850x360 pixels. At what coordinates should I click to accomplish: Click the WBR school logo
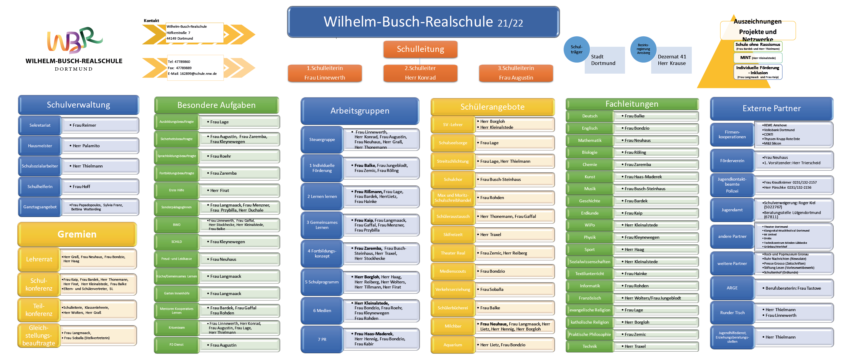pos(74,40)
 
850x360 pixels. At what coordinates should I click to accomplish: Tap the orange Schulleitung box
pos(420,49)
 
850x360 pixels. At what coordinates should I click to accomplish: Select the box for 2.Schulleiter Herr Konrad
pos(420,73)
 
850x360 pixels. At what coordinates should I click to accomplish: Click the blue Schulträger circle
pos(576,49)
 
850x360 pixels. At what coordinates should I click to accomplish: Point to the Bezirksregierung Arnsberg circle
pos(643,49)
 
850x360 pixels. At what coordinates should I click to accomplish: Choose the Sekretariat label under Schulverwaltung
pos(40,125)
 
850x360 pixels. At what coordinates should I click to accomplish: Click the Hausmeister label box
pos(40,146)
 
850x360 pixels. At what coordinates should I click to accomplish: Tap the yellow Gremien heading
pos(77,234)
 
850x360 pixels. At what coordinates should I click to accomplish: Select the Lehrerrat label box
pos(39,259)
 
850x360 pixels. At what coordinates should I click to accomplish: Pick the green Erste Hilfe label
pos(176,190)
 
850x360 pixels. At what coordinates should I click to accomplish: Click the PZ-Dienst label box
pos(176,345)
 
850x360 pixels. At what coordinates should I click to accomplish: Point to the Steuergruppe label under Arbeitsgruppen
pos(322,139)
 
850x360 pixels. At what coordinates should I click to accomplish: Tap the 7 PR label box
pos(322,339)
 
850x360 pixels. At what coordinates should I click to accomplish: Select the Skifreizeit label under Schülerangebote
pos(453,235)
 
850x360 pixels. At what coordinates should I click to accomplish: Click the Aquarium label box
pos(453,345)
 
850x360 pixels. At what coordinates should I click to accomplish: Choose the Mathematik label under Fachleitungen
pos(590,141)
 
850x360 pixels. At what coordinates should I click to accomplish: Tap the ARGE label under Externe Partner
pos(732,288)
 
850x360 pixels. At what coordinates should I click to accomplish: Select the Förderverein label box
pos(732,161)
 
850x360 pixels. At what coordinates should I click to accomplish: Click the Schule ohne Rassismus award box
pos(758,46)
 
